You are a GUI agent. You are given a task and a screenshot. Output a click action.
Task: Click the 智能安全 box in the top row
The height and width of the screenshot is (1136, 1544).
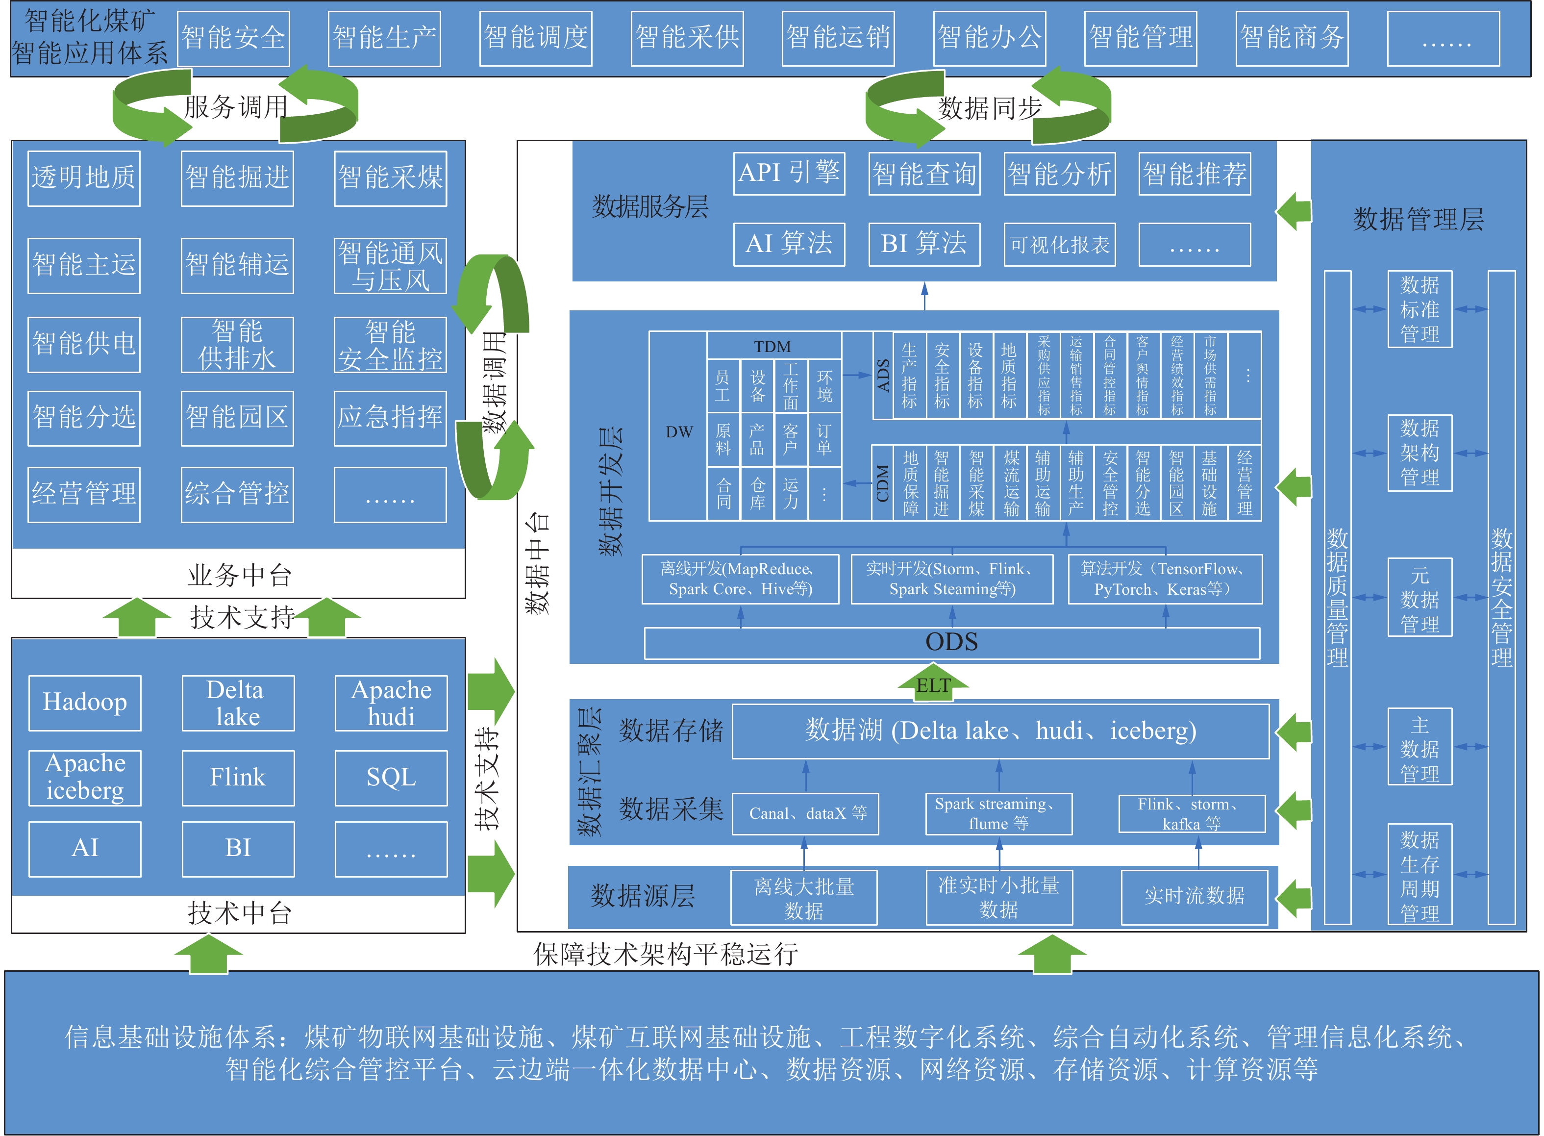click(x=233, y=39)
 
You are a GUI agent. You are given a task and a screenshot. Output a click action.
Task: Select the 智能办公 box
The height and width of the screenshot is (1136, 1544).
click(x=989, y=39)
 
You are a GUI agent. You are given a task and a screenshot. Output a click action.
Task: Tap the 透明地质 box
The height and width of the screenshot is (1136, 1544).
click(x=84, y=178)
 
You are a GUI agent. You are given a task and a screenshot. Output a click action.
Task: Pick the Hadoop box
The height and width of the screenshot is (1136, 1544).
click(x=85, y=703)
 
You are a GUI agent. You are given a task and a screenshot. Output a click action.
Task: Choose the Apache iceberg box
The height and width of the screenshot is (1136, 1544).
click(x=85, y=778)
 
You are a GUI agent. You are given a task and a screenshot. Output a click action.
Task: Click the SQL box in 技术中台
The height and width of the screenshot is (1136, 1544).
click(x=391, y=778)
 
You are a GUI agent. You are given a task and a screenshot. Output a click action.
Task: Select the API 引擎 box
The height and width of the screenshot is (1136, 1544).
click(x=789, y=173)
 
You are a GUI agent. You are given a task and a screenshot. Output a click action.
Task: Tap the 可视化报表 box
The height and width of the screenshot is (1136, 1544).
click(x=1059, y=245)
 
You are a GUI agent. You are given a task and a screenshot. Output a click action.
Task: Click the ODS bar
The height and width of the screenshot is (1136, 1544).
click(x=951, y=643)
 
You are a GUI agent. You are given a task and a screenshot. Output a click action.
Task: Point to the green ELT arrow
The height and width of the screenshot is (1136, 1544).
click(x=933, y=683)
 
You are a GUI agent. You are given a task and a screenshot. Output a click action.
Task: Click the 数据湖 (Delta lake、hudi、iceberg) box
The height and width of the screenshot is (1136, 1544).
click(x=1000, y=731)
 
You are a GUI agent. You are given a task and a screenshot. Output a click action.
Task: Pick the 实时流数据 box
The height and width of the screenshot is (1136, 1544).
click(x=1194, y=897)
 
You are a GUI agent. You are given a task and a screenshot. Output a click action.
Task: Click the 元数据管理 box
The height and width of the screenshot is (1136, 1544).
click(x=1419, y=598)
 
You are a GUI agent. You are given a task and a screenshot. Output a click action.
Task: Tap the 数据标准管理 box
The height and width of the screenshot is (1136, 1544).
click(x=1419, y=309)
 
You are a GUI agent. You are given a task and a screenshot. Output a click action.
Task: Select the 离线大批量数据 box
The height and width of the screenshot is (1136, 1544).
click(x=804, y=898)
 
